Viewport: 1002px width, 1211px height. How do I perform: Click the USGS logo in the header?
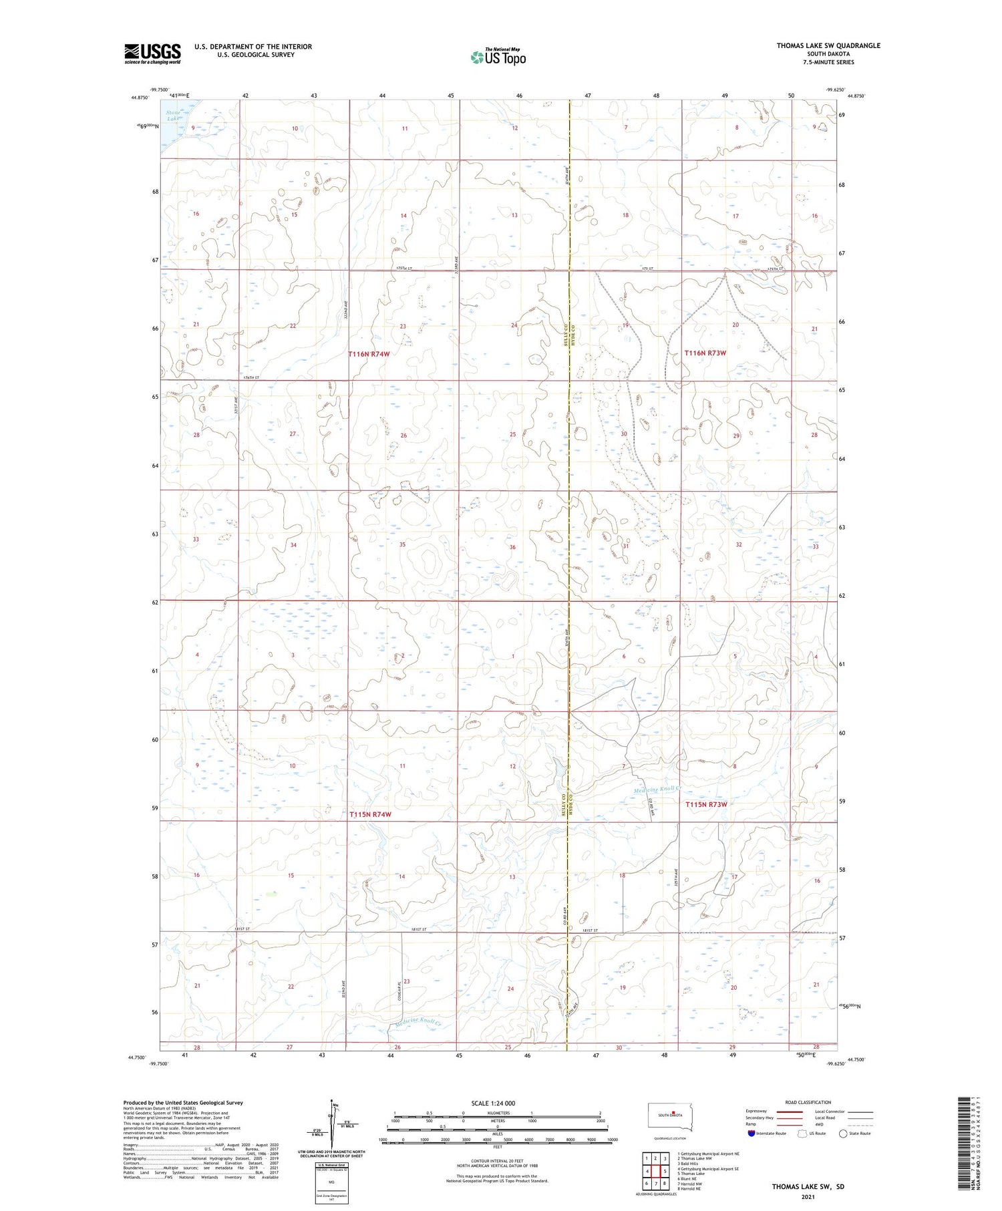coord(152,53)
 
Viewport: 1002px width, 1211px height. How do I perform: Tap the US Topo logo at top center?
coord(498,57)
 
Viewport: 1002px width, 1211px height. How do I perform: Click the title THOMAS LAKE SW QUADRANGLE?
coord(828,45)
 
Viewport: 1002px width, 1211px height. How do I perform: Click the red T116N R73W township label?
coord(705,353)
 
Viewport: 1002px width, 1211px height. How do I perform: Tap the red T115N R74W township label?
coord(370,815)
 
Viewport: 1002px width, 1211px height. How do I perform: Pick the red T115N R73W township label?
coord(706,805)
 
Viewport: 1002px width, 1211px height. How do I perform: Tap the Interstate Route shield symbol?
coord(751,1134)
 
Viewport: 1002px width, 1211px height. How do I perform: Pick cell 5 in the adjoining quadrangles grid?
coord(665,1171)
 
